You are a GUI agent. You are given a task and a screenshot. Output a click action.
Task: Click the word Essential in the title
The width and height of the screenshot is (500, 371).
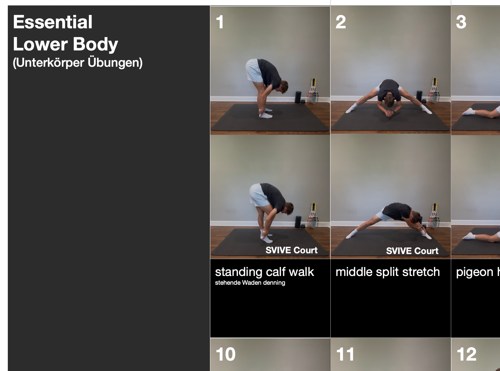click(52, 22)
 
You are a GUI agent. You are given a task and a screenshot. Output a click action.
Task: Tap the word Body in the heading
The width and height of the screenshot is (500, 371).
click(95, 44)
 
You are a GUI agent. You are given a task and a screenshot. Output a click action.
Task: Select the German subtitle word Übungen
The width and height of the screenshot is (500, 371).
click(115, 62)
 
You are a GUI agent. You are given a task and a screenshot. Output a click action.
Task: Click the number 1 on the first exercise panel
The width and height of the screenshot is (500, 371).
click(220, 22)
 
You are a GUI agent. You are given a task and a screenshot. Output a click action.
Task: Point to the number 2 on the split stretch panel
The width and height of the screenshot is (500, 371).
click(340, 22)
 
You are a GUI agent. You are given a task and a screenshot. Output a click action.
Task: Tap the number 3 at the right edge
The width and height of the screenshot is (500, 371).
click(461, 22)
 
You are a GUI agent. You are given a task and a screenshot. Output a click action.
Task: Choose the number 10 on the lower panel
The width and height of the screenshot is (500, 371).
click(226, 354)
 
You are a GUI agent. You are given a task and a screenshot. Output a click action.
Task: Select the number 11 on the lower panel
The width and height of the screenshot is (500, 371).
click(345, 354)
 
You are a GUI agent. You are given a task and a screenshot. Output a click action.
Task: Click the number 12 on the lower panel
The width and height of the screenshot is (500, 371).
click(467, 354)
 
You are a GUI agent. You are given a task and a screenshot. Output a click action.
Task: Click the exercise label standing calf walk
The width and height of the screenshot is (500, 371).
click(264, 272)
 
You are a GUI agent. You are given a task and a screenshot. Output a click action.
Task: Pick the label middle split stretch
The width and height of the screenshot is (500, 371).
click(387, 272)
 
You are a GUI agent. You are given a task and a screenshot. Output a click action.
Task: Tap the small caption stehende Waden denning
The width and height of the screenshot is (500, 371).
click(250, 283)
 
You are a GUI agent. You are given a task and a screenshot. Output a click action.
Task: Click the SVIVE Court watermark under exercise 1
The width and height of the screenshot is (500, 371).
click(291, 250)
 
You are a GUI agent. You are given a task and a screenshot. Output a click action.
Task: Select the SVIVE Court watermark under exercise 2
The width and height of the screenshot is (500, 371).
click(412, 251)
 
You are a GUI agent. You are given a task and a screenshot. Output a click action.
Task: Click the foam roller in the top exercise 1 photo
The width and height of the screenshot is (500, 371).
click(298, 97)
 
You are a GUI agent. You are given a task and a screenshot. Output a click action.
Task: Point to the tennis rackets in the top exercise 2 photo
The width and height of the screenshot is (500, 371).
click(434, 91)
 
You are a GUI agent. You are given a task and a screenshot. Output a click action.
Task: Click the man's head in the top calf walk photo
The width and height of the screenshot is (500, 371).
click(284, 87)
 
